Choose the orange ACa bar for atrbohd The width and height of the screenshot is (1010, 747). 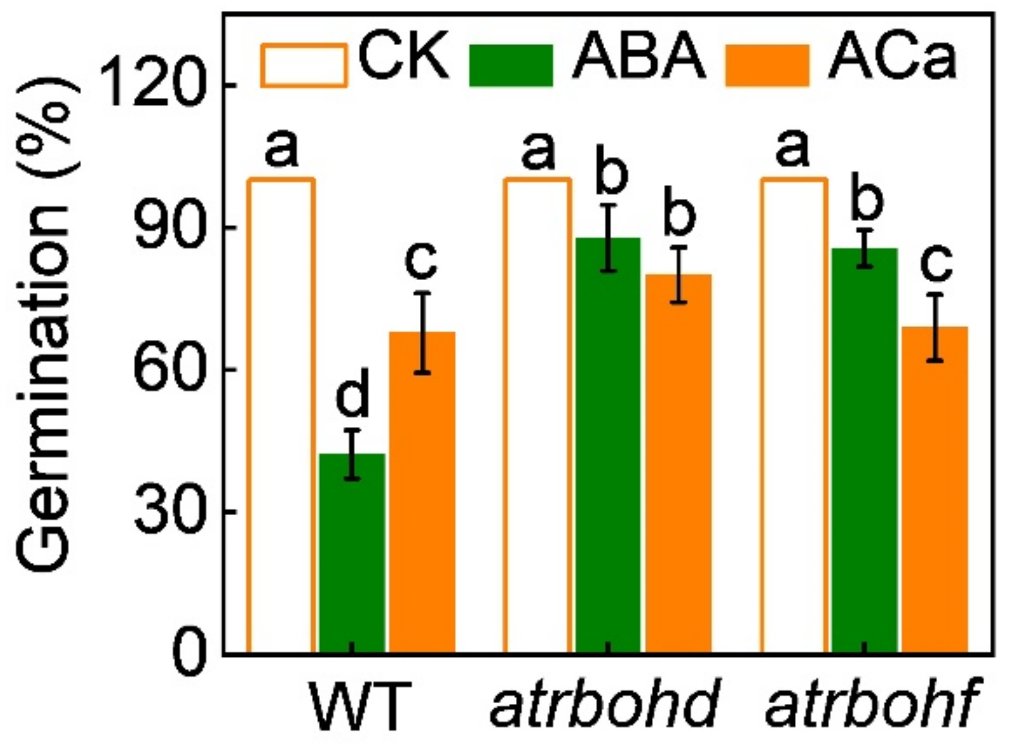678,464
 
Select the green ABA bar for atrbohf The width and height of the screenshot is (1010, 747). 864,450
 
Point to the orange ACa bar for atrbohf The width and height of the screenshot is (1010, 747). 935,489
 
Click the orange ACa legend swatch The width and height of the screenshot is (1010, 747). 767,65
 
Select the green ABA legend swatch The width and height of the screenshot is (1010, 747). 511,65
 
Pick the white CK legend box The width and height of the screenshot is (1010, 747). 303,65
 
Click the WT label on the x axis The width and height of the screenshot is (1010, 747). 359,707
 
